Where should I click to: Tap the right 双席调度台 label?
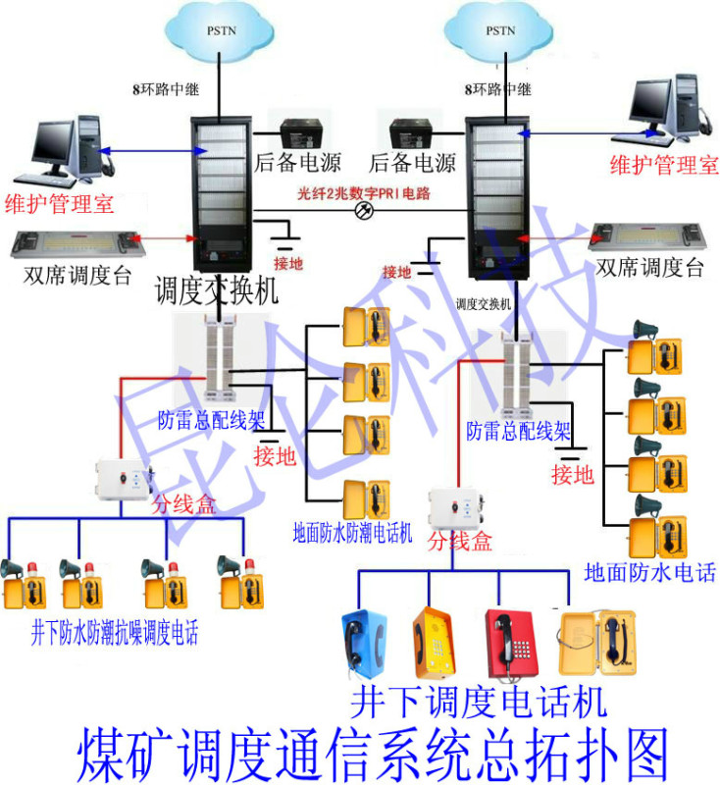tap(649, 268)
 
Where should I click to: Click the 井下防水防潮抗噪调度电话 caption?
tap(114, 633)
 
